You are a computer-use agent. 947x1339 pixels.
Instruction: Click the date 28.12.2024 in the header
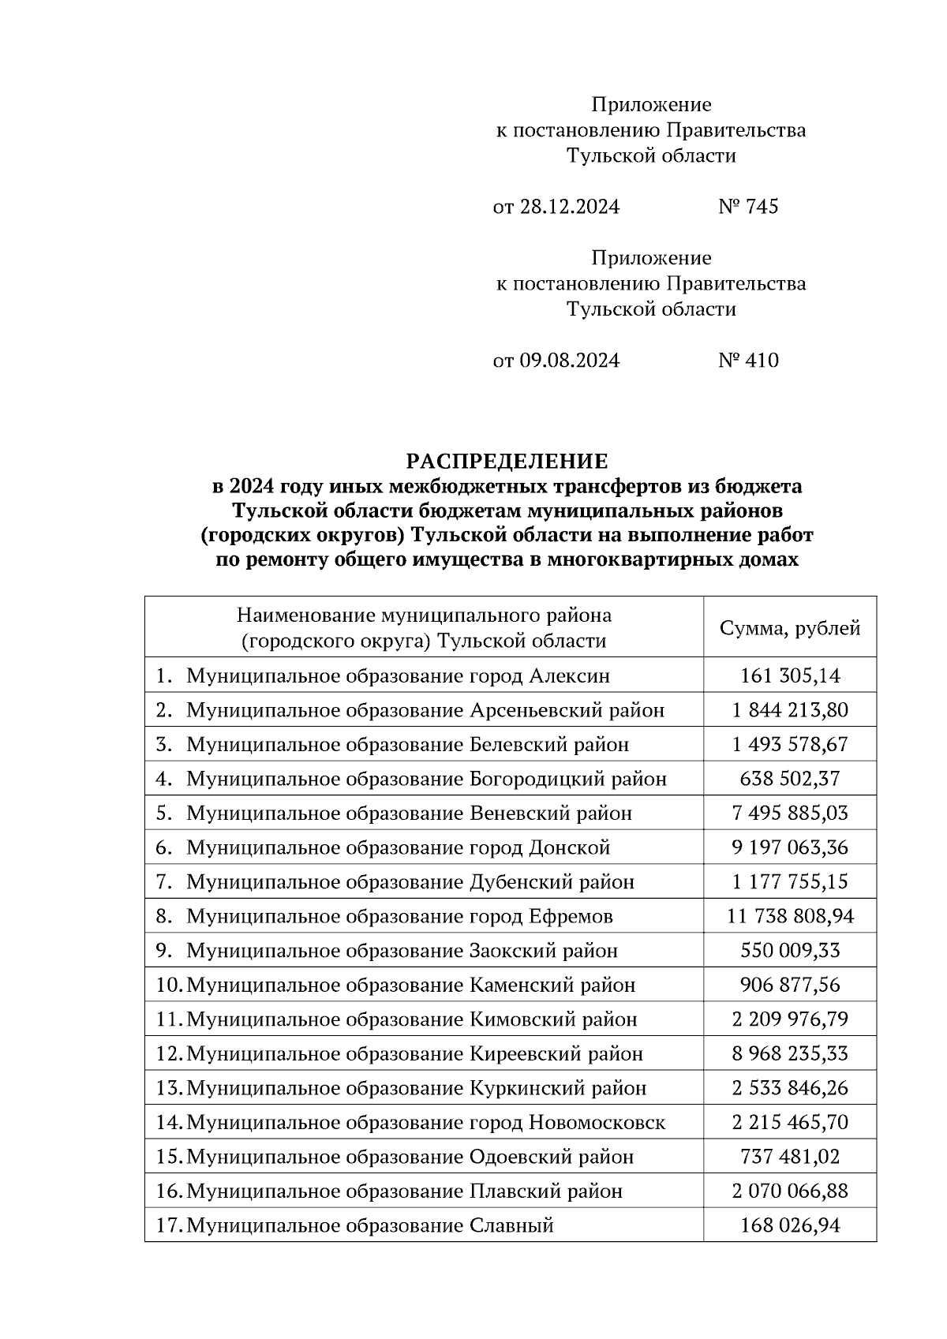click(x=569, y=207)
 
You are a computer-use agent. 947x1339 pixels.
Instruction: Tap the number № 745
click(x=748, y=207)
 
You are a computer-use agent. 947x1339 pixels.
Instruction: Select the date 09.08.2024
click(x=569, y=361)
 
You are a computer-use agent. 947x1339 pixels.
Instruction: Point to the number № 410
click(x=748, y=361)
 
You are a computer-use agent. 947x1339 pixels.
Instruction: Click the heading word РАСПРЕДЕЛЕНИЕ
click(x=507, y=461)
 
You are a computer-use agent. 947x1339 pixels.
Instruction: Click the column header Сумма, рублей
click(x=790, y=628)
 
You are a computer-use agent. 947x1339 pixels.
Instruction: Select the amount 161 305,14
click(x=790, y=675)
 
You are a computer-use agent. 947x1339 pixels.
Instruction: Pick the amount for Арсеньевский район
click(x=790, y=710)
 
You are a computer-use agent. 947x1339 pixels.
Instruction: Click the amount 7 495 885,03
click(x=790, y=813)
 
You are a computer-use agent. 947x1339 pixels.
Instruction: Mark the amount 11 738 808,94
click(x=790, y=916)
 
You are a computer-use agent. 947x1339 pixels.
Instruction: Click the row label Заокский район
click(x=544, y=951)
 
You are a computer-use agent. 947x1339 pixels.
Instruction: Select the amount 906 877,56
click(x=790, y=985)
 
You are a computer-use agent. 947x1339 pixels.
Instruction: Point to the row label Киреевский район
click(x=556, y=1053)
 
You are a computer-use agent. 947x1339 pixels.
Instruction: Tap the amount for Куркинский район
click(x=790, y=1088)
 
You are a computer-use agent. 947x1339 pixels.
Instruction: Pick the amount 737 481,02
click(x=790, y=1157)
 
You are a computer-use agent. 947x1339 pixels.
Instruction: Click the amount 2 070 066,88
click(x=790, y=1191)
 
